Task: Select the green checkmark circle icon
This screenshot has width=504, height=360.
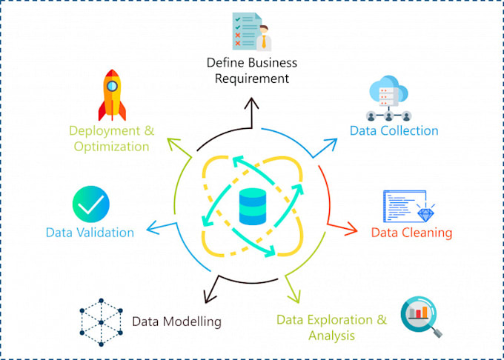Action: [x=90, y=204]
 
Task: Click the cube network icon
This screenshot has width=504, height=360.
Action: [x=99, y=321]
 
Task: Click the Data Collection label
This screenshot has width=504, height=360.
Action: [x=394, y=131]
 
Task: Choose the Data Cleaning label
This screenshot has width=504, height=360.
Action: [x=411, y=233]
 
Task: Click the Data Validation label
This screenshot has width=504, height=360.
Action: [x=90, y=233]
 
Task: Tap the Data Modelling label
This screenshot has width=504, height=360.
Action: [x=176, y=321]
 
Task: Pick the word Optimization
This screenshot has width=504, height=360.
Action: [x=111, y=146]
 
